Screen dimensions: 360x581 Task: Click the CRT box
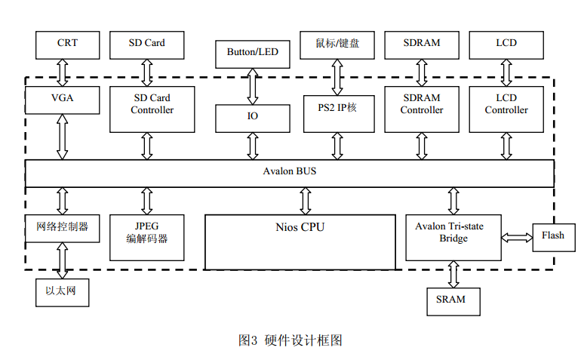coord(67,45)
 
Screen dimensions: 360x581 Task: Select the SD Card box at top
coord(146,45)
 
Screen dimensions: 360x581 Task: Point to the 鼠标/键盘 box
coord(337,45)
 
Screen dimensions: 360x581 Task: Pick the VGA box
coord(62,98)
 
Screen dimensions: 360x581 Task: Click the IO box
coord(252,117)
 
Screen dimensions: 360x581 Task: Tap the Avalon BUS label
coord(290,172)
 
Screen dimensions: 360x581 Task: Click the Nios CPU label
coord(300,226)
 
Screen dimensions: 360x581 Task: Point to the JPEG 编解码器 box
coord(146,232)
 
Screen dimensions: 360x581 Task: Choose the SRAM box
coord(450,300)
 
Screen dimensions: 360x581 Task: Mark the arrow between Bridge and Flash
coord(517,238)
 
